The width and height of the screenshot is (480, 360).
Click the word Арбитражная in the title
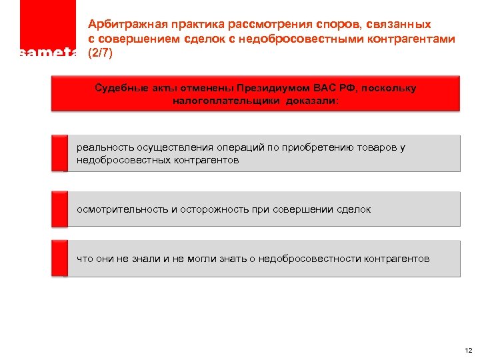123,25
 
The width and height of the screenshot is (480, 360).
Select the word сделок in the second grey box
353,209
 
